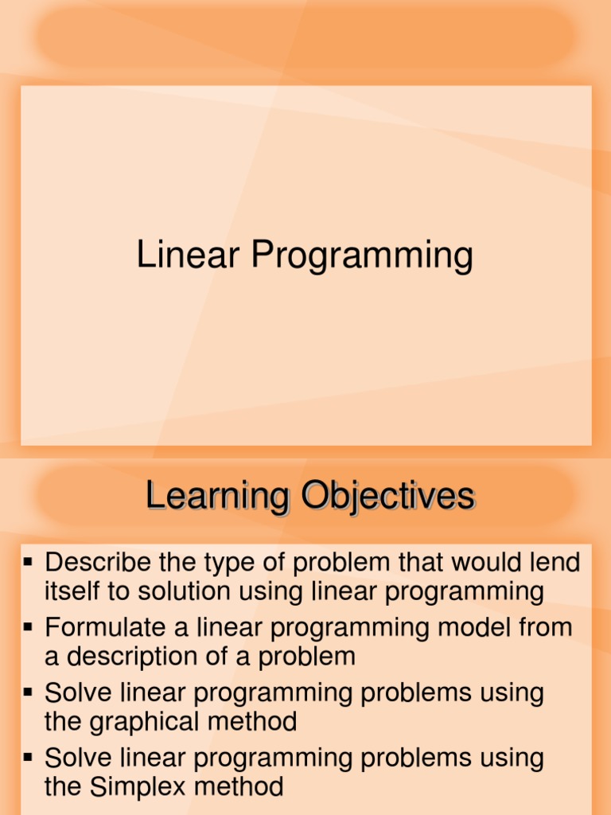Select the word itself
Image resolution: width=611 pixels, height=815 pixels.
point(68,591)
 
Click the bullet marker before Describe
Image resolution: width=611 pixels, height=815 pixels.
point(29,563)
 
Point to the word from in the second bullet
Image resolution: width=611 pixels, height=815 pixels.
point(545,628)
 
